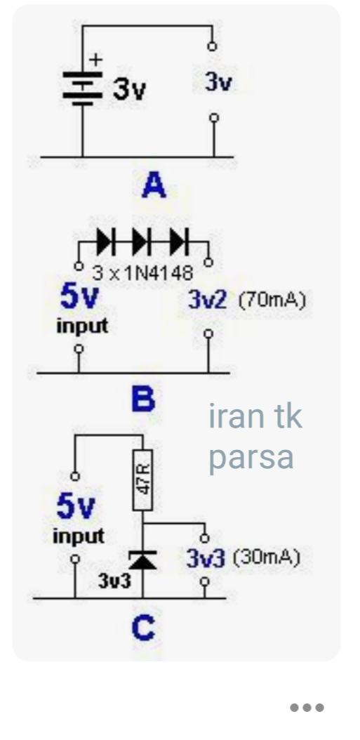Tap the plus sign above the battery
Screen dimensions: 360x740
95,60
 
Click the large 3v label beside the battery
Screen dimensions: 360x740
129,88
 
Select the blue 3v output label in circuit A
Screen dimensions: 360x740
218,83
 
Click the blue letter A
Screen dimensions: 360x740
154,185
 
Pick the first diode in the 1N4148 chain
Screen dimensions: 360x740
105,241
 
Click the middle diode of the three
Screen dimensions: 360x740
142,241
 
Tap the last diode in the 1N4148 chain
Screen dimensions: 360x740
179,241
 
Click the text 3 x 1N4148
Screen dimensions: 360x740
142,272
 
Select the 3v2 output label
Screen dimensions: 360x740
208,300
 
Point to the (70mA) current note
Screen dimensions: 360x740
272,300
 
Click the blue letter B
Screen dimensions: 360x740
143,399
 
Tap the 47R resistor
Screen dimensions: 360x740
142,480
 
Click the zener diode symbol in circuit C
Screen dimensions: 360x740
142,560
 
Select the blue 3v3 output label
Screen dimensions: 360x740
206,558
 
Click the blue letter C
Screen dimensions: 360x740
143,628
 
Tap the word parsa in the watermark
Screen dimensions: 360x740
251,458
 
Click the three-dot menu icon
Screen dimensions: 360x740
307,708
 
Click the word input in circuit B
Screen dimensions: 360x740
82,326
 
